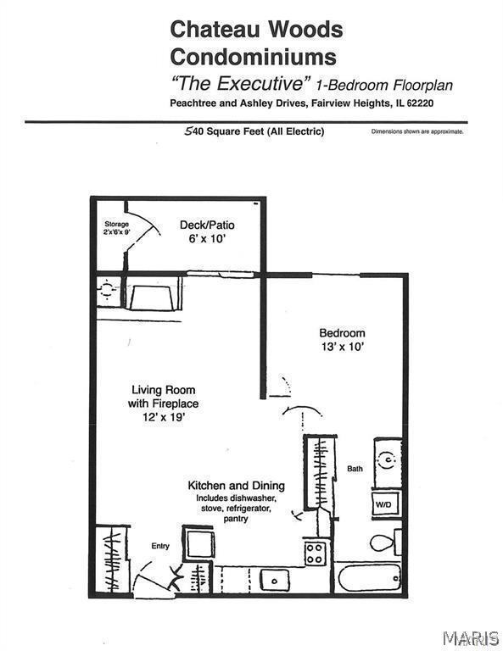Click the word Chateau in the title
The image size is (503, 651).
[208, 30]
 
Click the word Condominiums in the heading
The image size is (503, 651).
[253, 58]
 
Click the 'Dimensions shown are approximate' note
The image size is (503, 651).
[416, 132]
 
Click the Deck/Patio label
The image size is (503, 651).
[207, 225]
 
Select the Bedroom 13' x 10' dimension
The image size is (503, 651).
[342, 347]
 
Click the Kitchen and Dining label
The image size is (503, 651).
[236, 486]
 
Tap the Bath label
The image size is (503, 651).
[355, 468]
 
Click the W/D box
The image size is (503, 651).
[383, 505]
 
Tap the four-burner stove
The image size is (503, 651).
[315, 553]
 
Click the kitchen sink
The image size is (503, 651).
[274, 581]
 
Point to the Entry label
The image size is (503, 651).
[160, 546]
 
